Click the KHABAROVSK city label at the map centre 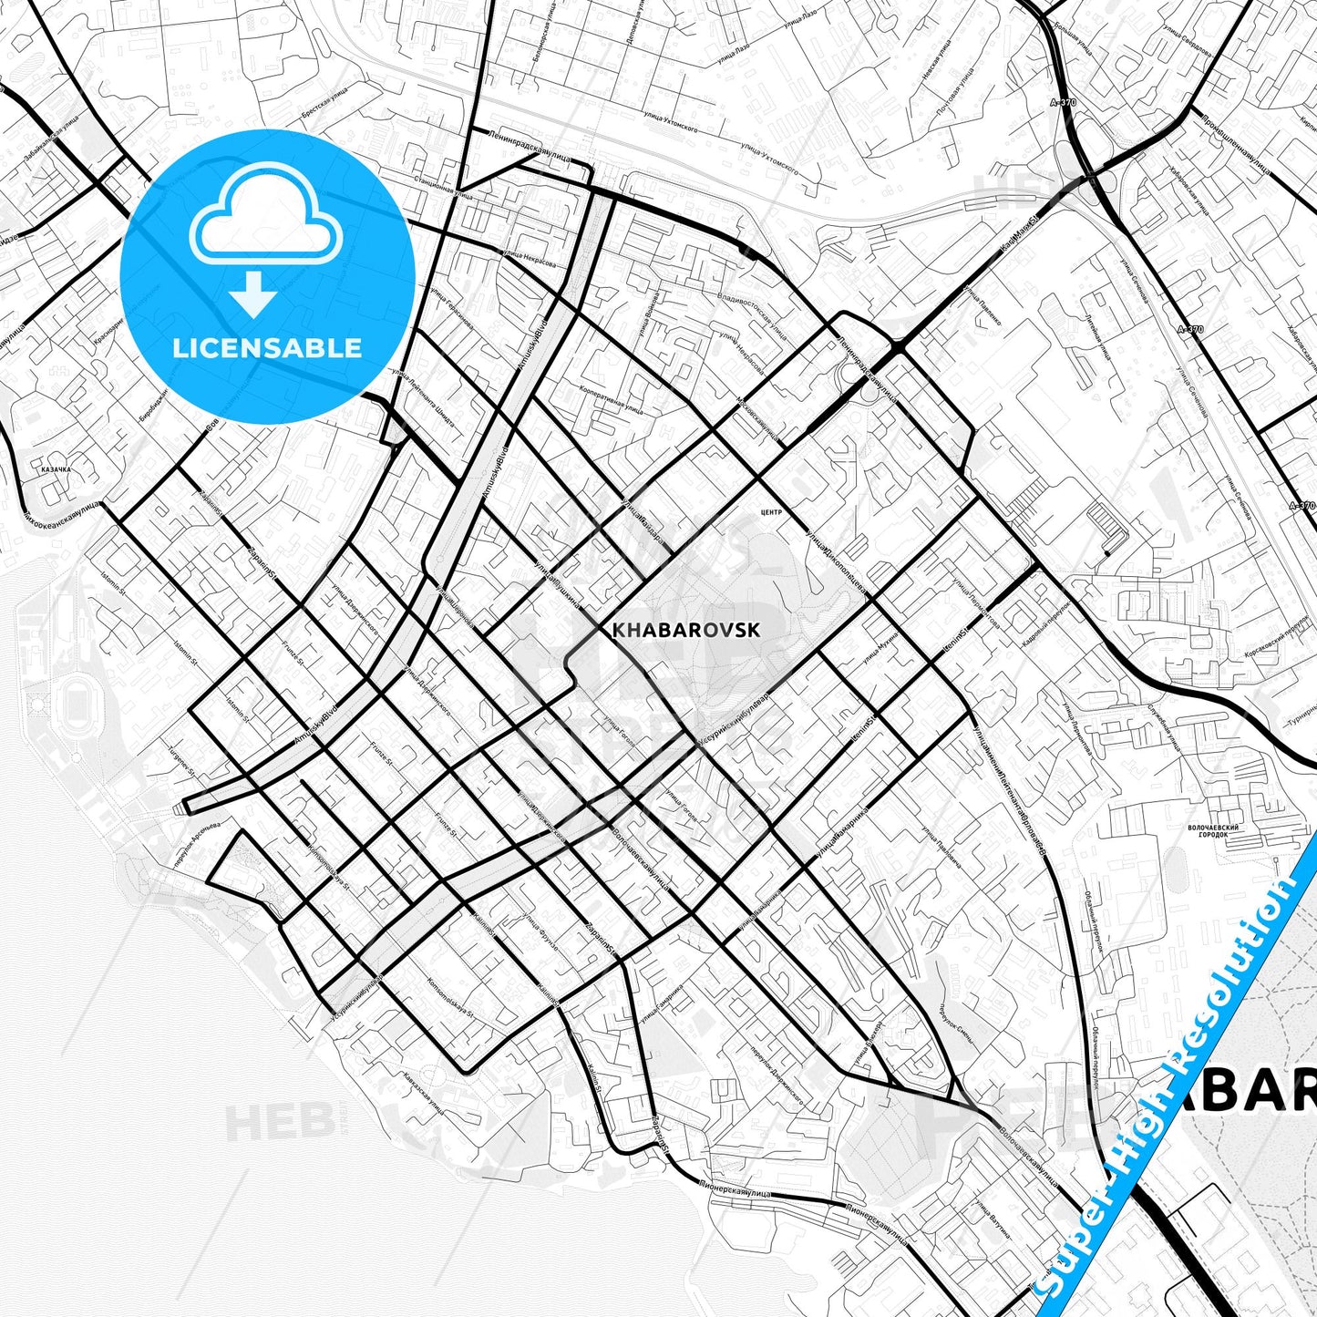[x=685, y=630]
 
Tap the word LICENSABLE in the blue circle [x=267, y=347]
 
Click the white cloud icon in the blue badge [x=265, y=215]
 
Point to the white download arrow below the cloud [x=253, y=293]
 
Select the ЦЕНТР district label [x=770, y=512]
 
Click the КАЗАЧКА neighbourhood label [x=57, y=470]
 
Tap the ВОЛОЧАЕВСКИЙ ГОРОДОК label [x=1214, y=831]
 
